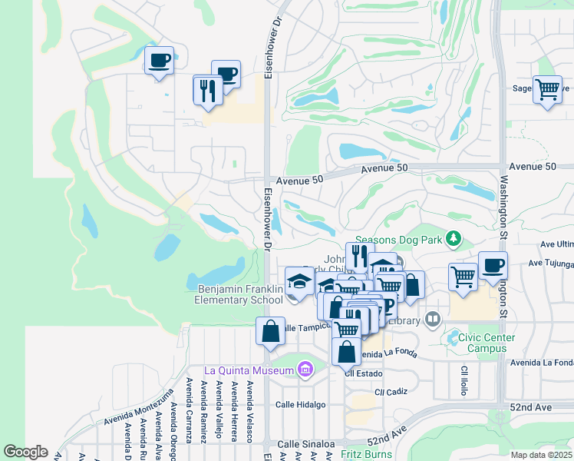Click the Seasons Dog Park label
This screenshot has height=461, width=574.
[397, 240]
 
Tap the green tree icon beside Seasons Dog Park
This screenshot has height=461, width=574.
[454, 239]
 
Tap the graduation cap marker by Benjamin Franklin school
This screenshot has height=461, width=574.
[299, 281]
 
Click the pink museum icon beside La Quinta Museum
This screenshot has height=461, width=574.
[305, 371]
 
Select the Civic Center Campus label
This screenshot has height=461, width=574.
[493, 343]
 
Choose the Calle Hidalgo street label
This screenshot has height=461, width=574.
[301, 404]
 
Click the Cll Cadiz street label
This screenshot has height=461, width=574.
[391, 392]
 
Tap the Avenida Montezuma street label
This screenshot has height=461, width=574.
[139, 408]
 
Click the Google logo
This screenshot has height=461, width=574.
[25, 452]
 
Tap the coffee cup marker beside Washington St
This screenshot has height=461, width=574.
[493, 267]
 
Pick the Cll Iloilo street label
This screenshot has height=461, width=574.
[464, 380]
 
